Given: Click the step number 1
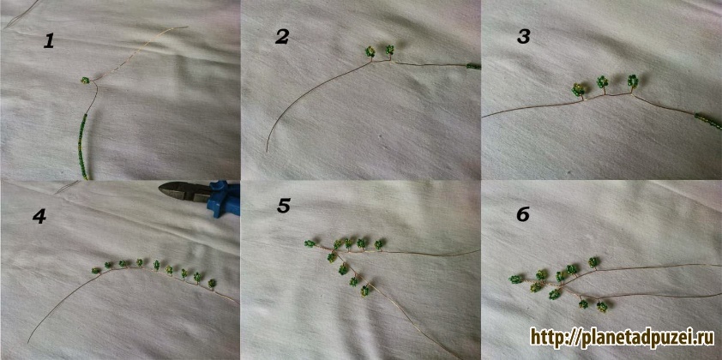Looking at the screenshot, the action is coord(49,41).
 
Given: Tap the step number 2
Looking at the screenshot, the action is coord(281,38).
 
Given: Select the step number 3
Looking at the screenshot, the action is coord(523,38).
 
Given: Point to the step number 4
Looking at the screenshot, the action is coord(39,216).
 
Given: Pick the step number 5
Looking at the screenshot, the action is coord(284,207).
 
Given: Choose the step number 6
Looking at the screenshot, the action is coord(523,214).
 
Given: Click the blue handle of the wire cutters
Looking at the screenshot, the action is coord(224,198).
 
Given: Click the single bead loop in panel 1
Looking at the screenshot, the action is coord(85,80).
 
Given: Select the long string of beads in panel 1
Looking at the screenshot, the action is coord(82,147).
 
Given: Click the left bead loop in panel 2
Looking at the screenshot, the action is coord(370,51).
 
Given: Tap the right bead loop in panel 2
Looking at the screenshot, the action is coord(389,49).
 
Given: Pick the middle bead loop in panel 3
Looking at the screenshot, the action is coord(602,82).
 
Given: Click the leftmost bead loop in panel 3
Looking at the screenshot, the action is coord(578,89).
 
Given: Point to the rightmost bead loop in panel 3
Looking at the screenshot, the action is coord(633,81).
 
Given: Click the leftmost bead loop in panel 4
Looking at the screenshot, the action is coord(96,271).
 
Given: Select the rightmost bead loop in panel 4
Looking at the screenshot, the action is coord(212,283).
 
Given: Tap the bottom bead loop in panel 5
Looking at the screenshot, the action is coord(364,291).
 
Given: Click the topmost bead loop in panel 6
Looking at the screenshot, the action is coord(593,262).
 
